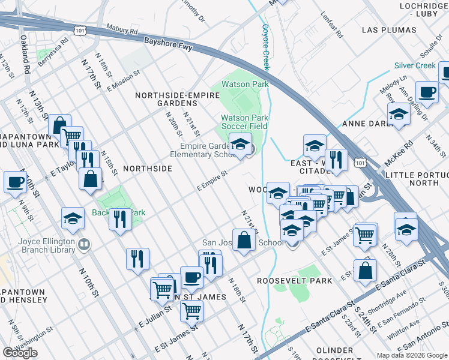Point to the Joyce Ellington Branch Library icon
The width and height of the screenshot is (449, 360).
(84, 244)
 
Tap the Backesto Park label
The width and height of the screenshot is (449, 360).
(118, 212)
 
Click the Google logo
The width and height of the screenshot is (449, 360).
(20, 353)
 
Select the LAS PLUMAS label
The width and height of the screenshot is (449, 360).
(390, 29)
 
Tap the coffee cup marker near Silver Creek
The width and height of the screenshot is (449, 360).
(427, 92)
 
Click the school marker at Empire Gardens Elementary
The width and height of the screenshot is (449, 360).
(240, 145)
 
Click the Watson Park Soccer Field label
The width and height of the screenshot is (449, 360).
(244, 122)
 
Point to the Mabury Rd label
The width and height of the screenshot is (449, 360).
(122, 29)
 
